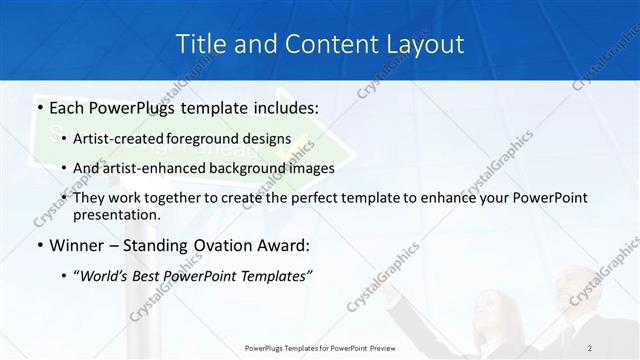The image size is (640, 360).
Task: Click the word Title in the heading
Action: tap(200, 44)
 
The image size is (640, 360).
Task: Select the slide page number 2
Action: tap(590, 347)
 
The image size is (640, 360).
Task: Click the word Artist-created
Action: tap(116, 138)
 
